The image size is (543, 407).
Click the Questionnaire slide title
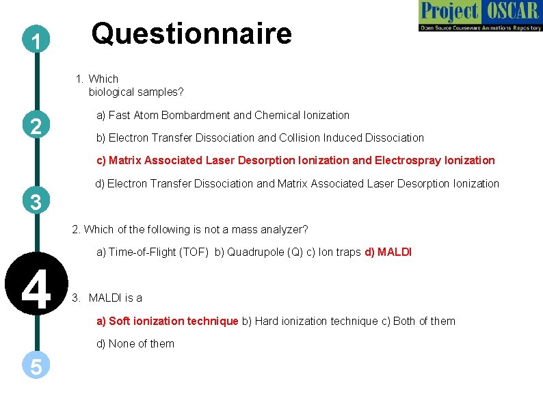191,34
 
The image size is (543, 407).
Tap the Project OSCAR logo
480,16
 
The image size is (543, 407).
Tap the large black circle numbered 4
36,289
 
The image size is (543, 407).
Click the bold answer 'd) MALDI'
388,252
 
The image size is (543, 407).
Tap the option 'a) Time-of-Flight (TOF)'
153,252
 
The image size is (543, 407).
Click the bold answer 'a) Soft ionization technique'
167,321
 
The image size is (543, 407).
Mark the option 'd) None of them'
135,344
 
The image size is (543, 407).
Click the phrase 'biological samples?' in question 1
136,92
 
